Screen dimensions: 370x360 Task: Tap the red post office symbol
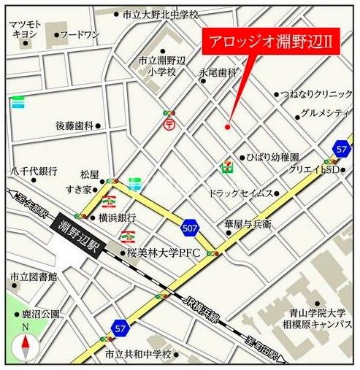click(x=169, y=124)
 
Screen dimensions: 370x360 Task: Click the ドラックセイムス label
click(x=240, y=193)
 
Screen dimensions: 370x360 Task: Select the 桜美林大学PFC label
click(x=164, y=253)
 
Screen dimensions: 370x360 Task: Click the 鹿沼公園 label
click(x=40, y=315)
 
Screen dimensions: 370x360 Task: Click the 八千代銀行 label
click(x=34, y=171)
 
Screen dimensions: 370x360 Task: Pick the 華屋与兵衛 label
click(x=248, y=225)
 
